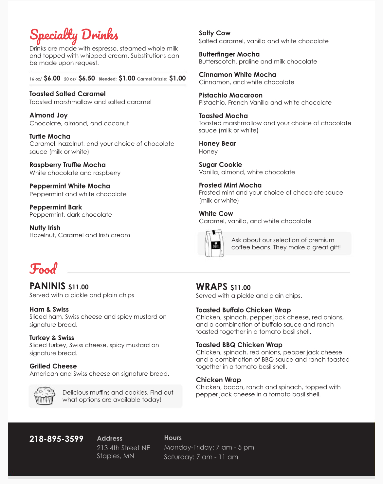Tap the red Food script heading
[43, 269]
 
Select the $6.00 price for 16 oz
[52, 79]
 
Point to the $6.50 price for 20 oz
[87, 79]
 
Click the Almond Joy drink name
[48, 115]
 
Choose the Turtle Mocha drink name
[50, 136]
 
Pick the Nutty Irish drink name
[45, 228]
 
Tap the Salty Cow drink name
[214, 33]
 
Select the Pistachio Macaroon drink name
[230, 95]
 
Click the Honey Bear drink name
[217, 143]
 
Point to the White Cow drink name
[216, 214]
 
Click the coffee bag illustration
[214, 243]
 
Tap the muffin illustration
[44, 396]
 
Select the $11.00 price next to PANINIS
[79, 287]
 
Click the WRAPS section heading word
[211, 287]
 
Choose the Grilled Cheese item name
[53, 366]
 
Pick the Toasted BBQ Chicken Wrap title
[239, 345]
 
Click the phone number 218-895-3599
[56, 439]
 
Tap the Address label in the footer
[110, 439]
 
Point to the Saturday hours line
[201, 457]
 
